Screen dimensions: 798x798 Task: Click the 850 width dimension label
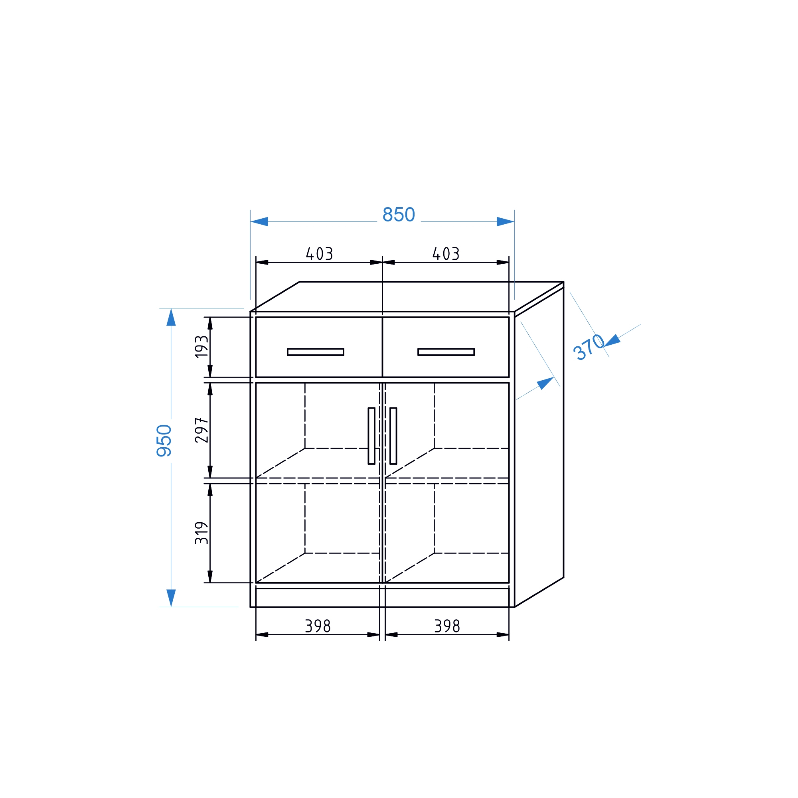(x=399, y=215)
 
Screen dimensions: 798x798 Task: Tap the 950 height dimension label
(x=164, y=440)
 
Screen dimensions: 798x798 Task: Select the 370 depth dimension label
(x=589, y=347)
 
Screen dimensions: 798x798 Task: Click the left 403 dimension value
(x=319, y=254)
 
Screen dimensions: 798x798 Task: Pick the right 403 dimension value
(x=446, y=254)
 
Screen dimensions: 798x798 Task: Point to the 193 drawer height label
(x=201, y=347)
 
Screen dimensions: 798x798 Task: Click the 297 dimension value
(x=201, y=430)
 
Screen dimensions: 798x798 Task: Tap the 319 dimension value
(x=201, y=533)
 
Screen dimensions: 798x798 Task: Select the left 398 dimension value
(x=318, y=626)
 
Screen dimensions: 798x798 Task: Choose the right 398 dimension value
(x=447, y=626)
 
